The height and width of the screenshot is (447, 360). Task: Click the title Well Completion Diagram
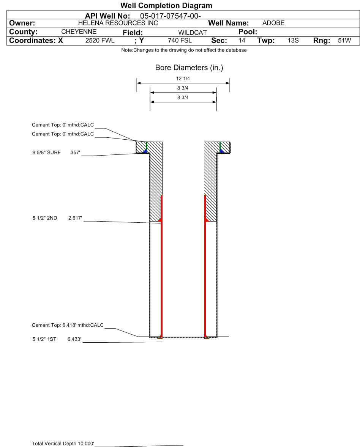click(x=166, y=6)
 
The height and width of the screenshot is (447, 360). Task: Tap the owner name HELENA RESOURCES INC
click(x=118, y=23)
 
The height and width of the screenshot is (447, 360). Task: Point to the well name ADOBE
click(x=273, y=23)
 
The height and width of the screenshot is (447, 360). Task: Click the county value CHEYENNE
click(x=79, y=31)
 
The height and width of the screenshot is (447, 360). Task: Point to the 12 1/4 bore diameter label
click(x=183, y=79)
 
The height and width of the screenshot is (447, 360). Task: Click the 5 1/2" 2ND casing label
click(x=45, y=218)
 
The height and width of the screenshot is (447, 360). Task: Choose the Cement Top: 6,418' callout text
click(x=68, y=325)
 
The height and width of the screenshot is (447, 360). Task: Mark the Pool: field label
click(x=248, y=32)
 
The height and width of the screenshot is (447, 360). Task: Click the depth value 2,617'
click(x=75, y=218)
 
